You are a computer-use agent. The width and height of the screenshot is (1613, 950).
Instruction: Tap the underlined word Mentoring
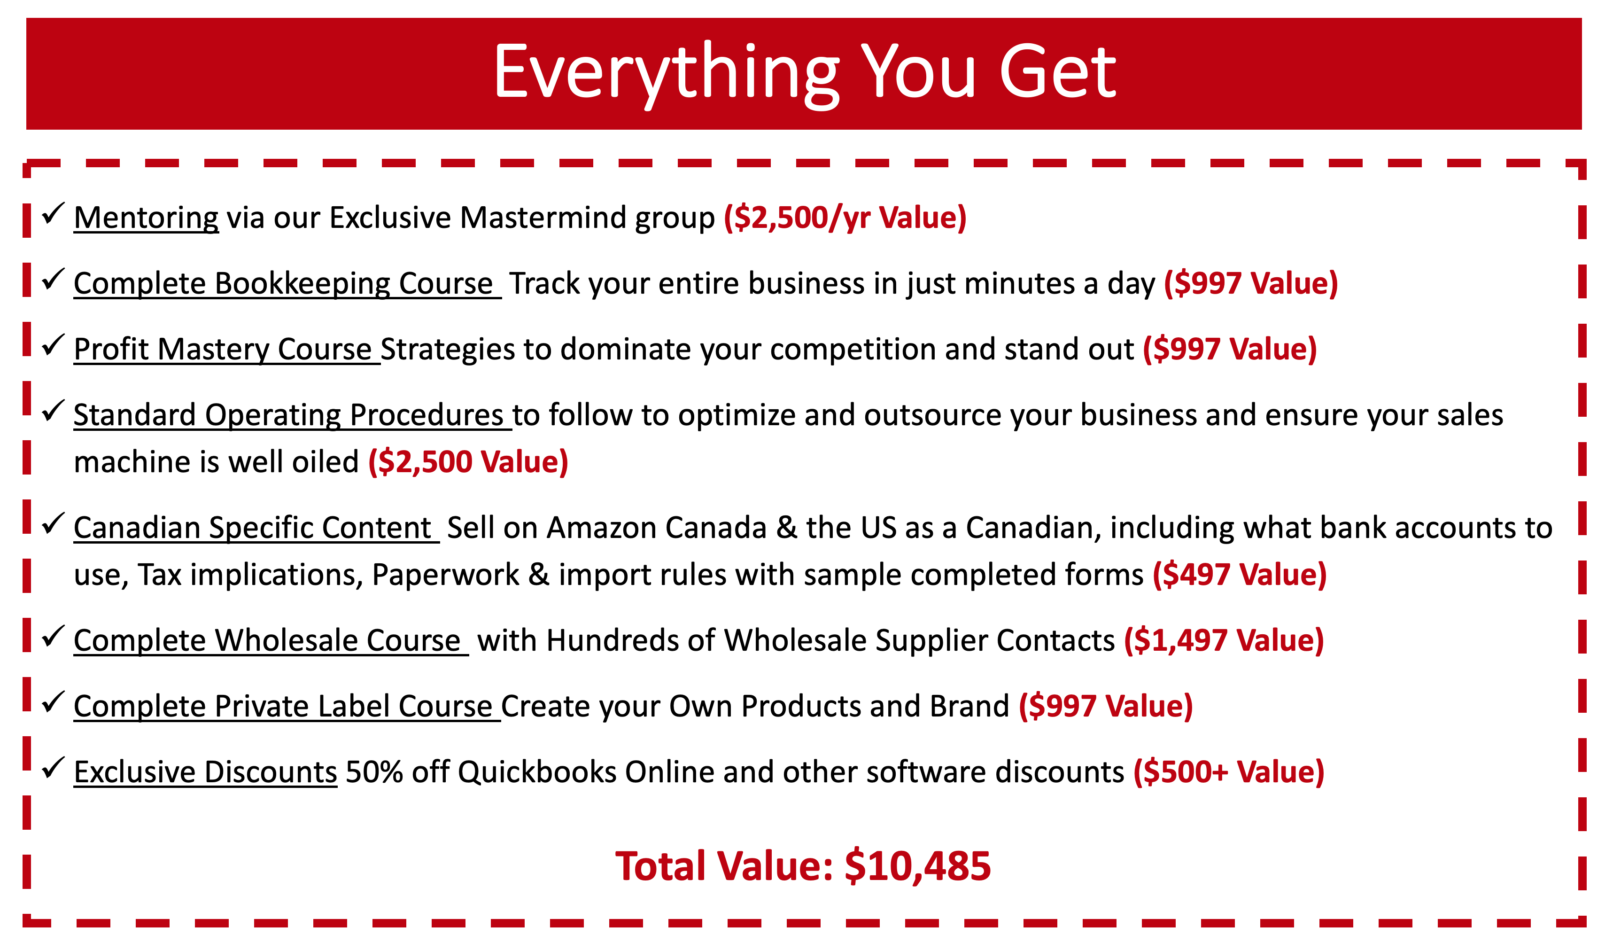[x=147, y=218]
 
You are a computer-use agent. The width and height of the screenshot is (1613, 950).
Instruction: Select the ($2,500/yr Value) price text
[x=845, y=218]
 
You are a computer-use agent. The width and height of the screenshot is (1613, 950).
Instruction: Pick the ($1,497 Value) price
[x=1224, y=641]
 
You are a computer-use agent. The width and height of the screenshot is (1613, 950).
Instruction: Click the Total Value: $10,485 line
[x=803, y=867]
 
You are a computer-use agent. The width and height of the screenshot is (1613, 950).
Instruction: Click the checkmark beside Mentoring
[x=53, y=213]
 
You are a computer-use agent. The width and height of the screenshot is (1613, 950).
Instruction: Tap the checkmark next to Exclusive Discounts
[x=53, y=768]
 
